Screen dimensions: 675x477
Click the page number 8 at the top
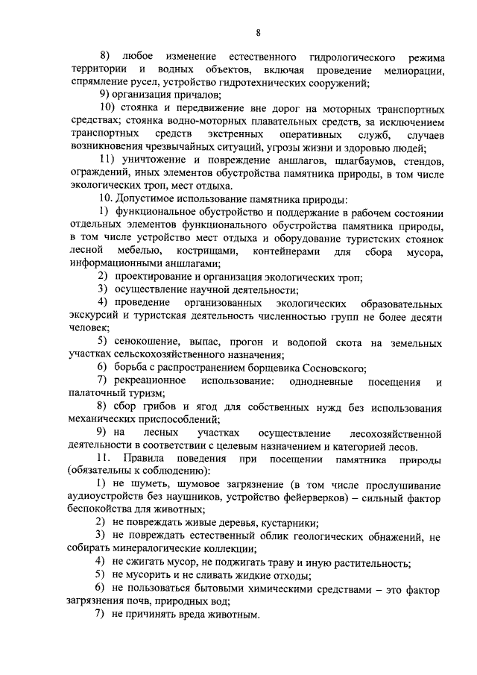(258, 32)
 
